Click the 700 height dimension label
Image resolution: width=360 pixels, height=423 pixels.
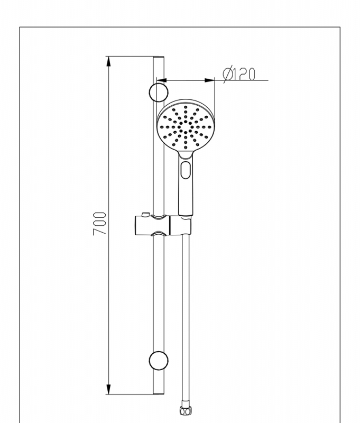99,224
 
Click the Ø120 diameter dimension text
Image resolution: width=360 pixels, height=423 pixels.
239,75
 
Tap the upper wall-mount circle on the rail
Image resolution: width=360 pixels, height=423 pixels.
158,92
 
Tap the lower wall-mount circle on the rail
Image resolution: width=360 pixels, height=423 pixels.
158,361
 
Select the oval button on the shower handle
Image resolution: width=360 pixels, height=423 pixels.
185,170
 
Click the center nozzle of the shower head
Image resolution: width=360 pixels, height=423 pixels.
186,127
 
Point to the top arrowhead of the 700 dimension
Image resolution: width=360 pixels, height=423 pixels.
108,61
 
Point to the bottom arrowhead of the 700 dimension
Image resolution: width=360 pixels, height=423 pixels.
108,389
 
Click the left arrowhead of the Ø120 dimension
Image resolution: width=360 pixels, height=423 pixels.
162,80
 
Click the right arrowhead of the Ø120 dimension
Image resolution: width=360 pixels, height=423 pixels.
209,80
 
